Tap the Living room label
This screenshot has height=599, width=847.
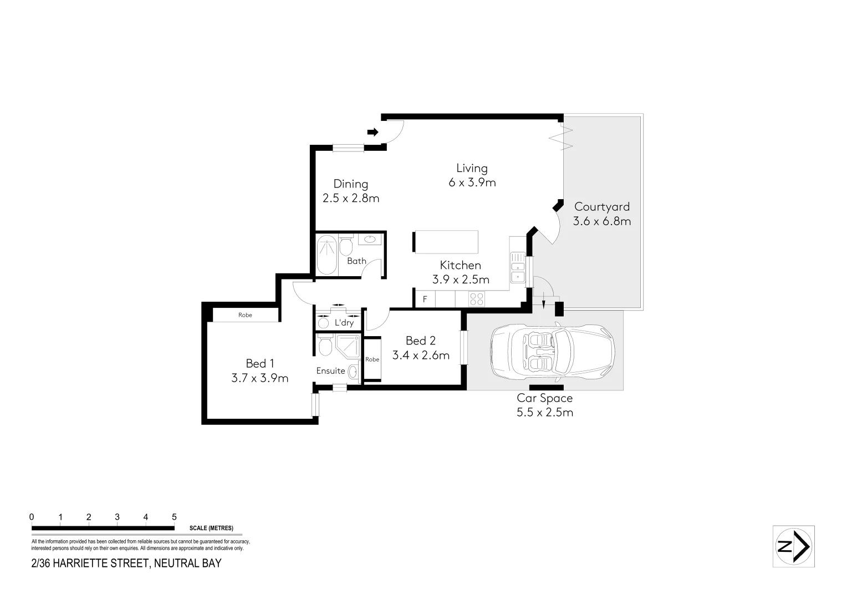point(472,168)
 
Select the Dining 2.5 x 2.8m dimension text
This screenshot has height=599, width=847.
point(351,198)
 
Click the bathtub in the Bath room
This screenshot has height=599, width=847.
point(326,255)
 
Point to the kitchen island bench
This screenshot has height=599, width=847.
point(446,242)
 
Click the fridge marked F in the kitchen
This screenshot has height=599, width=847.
point(425,299)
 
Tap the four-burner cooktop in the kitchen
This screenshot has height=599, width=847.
point(476,299)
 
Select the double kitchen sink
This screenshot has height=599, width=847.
point(518,268)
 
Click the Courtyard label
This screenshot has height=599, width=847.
point(601,207)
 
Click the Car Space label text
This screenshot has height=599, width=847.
point(544,398)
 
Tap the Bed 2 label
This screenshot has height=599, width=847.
point(420,341)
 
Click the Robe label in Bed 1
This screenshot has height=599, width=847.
point(245,315)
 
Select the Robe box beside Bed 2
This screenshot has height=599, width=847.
point(372,359)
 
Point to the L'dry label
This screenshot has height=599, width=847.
point(344,323)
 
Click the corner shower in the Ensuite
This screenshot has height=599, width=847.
point(348,346)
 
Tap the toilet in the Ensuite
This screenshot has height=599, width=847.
point(325,346)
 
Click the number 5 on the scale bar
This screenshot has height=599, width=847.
point(174,517)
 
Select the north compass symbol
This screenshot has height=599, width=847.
point(793,546)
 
